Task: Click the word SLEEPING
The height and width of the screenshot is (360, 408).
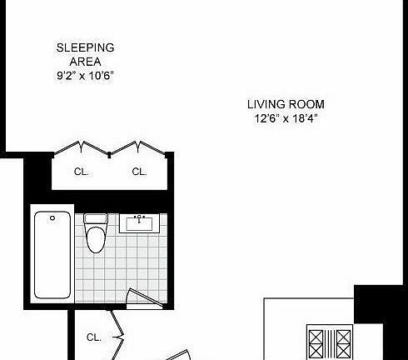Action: pyautogui.click(x=85, y=47)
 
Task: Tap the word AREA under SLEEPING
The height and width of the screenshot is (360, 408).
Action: pyautogui.click(x=85, y=61)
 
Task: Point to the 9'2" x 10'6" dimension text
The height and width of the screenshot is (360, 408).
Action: pyautogui.click(x=85, y=75)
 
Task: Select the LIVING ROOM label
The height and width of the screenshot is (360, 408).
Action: pyautogui.click(x=286, y=104)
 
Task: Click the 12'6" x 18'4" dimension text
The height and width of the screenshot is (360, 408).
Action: pyautogui.click(x=286, y=118)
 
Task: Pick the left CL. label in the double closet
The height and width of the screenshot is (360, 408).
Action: pyautogui.click(x=82, y=172)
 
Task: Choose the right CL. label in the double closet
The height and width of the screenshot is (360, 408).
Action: pyautogui.click(x=139, y=172)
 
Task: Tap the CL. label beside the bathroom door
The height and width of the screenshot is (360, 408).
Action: pyautogui.click(x=94, y=337)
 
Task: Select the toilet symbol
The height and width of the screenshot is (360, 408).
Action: pyautogui.click(x=97, y=236)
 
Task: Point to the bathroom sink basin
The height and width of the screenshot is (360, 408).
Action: pyautogui.click(x=139, y=223)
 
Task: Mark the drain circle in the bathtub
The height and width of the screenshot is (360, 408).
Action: pyautogui.click(x=53, y=218)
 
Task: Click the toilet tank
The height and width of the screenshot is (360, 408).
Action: pyautogui.click(x=97, y=220)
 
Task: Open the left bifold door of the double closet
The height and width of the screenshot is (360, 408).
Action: pyautogui.click(x=82, y=148)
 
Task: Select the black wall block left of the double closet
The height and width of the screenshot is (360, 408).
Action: pyautogui.click(x=37, y=176)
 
